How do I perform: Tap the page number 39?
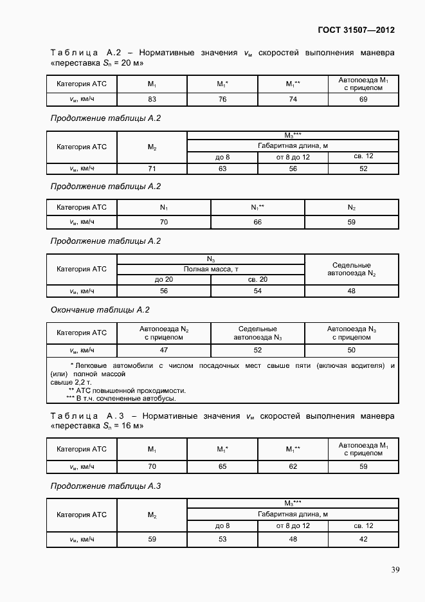(x=395, y=569)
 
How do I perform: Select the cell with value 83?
(x=152, y=99)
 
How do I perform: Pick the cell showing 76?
(x=222, y=99)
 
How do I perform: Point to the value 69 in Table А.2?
(x=363, y=99)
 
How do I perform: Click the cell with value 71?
(x=152, y=169)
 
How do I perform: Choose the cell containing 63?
(x=222, y=169)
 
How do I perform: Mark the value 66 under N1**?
(x=258, y=222)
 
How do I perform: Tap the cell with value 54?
(x=258, y=291)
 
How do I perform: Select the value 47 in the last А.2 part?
(x=164, y=350)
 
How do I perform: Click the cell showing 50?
(x=351, y=350)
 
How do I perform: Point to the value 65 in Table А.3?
(x=222, y=466)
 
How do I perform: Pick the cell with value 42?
(x=363, y=538)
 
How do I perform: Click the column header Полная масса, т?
(x=211, y=269)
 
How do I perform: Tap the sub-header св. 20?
(x=258, y=279)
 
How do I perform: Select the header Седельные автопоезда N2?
(x=351, y=269)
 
